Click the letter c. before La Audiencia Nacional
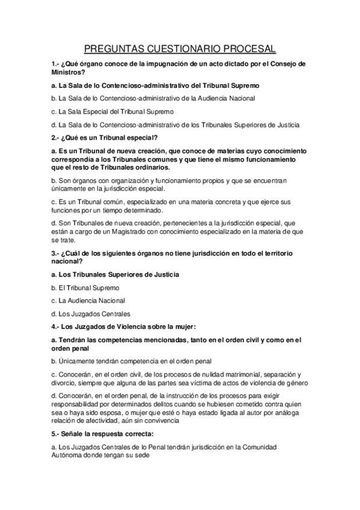click(x=53, y=300)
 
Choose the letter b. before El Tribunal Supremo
click(x=53, y=288)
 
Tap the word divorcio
click(x=64, y=383)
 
